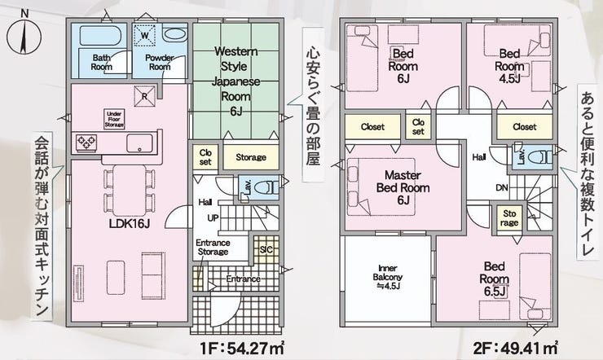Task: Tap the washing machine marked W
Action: pyautogui.click(x=144, y=36)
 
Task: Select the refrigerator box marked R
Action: pyautogui.click(x=144, y=96)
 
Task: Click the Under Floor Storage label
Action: pyautogui.click(x=114, y=119)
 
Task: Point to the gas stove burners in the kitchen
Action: pyautogui.click(x=86, y=143)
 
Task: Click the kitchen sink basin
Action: pyautogui.click(x=140, y=143)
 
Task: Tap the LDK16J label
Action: pyautogui.click(x=129, y=224)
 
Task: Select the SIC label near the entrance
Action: pyautogui.click(x=266, y=250)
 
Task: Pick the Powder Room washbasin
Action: pyautogui.click(x=174, y=34)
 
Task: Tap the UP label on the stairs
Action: pyautogui.click(x=213, y=217)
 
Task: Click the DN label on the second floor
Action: pyautogui.click(x=502, y=188)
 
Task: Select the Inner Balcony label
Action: pyautogui.click(x=388, y=277)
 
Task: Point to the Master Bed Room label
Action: pyautogui.click(x=403, y=187)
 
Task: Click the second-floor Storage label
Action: pyautogui.click(x=509, y=217)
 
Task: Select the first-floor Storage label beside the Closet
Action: pyautogui.click(x=251, y=157)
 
